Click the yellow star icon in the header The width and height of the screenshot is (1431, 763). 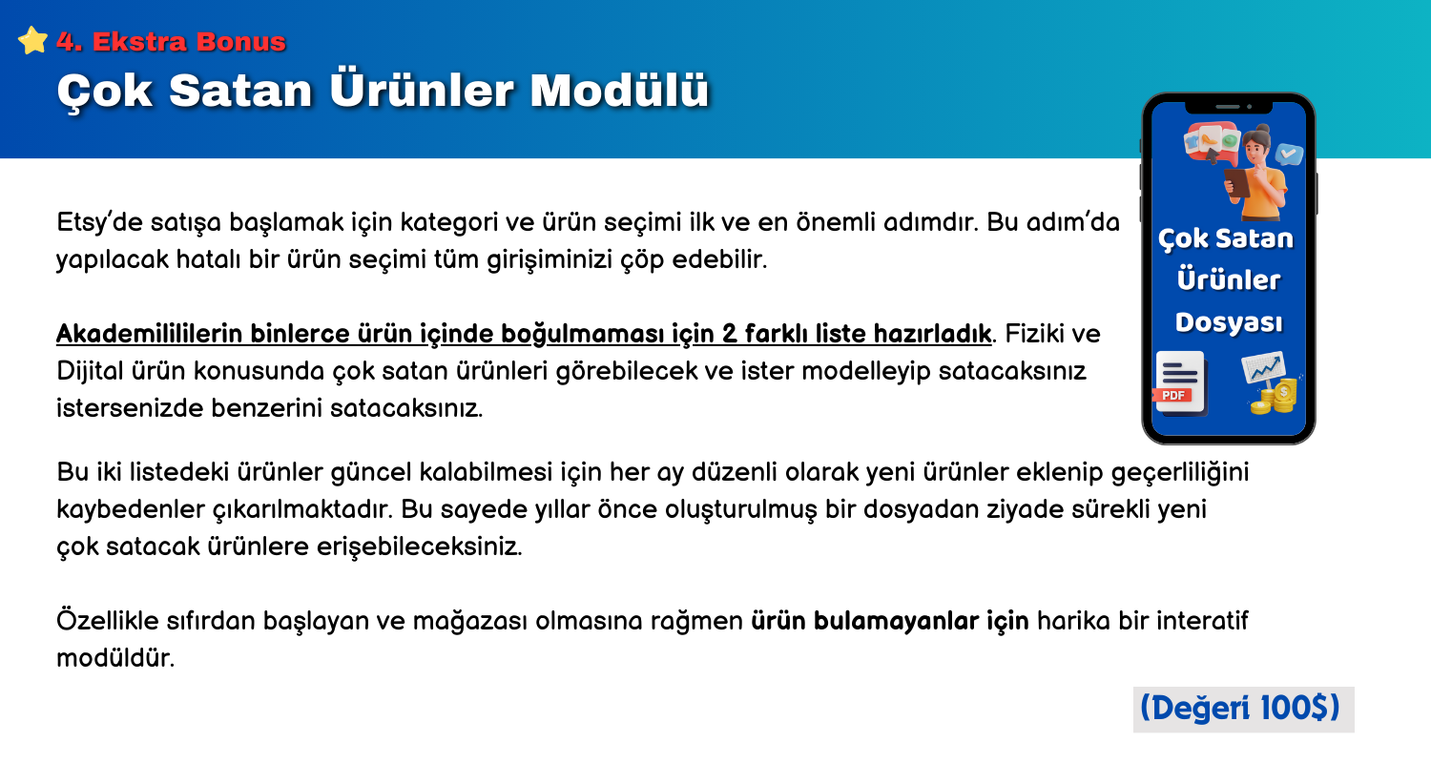click(32, 40)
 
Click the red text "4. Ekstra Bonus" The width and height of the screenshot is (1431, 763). click(171, 42)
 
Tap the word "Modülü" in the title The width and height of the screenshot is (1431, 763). click(619, 90)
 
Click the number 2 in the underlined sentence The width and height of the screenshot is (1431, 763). click(729, 334)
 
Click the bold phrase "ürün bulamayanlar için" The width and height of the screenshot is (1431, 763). click(890, 621)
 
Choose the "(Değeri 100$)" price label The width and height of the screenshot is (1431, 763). click(1243, 709)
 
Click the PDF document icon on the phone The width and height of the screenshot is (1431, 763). click(1179, 384)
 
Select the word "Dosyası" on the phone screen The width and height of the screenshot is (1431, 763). click(1229, 323)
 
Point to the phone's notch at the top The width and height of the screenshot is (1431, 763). click(1229, 107)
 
